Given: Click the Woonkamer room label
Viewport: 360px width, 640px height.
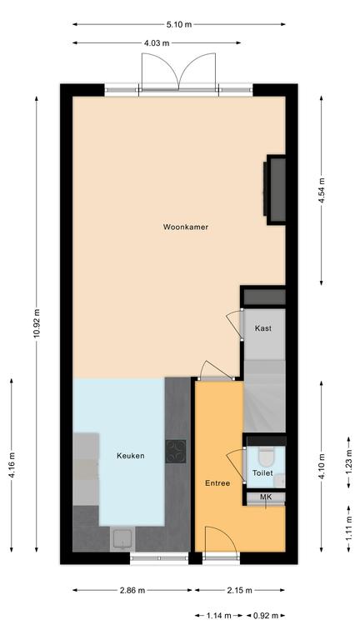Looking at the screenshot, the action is click(185, 227).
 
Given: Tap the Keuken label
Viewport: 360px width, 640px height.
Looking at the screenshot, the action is click(131, 456).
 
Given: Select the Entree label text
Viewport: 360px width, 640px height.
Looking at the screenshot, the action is click(217, 483).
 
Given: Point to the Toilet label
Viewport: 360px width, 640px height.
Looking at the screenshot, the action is click(262, 473).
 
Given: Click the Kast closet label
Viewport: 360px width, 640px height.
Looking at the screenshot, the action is click(263, 328).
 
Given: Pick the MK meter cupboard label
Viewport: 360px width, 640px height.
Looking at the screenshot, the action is click(266, 497).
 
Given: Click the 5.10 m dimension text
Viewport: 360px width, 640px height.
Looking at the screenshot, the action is click(179, 24).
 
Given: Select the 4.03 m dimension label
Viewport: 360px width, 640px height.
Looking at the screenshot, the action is click(157, 42).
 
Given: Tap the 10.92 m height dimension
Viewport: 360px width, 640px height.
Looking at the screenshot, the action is click(37, 322).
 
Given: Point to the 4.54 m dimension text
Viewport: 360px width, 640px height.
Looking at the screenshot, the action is click(322, 191).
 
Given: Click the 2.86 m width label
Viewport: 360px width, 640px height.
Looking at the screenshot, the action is click(132, 590).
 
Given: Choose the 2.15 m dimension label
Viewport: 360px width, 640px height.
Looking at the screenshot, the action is click(240, 590).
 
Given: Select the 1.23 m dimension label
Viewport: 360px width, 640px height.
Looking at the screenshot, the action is click(349, 462).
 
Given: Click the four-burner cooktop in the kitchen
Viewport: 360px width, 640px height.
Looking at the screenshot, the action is click(176, 452).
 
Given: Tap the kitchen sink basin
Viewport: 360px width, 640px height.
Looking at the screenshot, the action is click(122, 538).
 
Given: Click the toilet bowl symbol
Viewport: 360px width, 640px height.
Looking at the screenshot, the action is click(267, 457).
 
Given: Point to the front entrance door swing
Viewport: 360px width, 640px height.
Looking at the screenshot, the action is click(220, 540).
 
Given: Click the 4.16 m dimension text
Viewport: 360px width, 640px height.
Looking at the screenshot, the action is click(12, 465).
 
